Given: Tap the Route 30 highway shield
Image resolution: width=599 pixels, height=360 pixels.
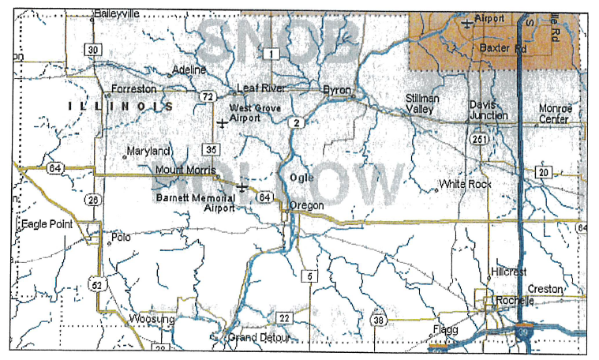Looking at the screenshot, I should coord(94,50).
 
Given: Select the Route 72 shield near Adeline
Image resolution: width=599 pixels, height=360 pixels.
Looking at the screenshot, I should coord(207,96).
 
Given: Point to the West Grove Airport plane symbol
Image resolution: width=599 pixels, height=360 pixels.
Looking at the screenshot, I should coord(223,123).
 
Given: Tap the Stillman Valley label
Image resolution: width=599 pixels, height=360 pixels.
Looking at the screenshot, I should coord(421,103).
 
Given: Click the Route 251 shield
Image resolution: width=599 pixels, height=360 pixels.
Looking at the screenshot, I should coord(479,140).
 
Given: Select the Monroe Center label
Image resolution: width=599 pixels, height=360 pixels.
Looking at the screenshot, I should coord(553,114).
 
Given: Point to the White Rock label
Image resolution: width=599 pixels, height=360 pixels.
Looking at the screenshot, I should coord(466,184).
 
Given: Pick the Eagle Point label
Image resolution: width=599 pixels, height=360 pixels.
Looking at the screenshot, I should coord(47,224).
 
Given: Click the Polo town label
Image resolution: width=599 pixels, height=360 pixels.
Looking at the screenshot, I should coord(121,236).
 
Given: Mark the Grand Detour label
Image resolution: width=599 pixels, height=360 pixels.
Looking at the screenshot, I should coord(260,338).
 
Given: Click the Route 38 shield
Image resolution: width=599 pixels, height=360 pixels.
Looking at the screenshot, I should coord(379,320).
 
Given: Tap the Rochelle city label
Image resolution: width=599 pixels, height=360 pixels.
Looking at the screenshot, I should coord(515,302).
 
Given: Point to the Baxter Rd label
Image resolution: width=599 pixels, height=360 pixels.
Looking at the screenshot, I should coord(503,48).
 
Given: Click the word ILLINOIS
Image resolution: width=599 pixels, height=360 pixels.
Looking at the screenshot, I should coord(122,106).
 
